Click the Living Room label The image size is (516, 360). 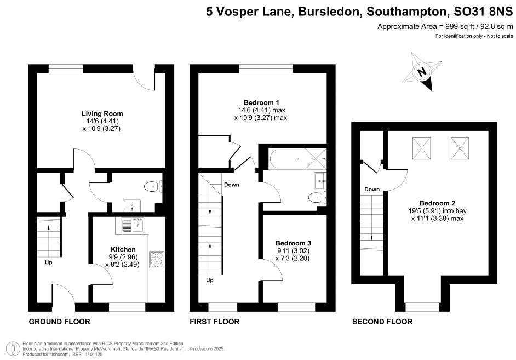tap(102, 113)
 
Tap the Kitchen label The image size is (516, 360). tap(123, 249)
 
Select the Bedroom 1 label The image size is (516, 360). tap(261, 102)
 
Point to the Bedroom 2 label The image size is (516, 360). tap(437, 203)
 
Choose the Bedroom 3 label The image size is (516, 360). tap(293, 243)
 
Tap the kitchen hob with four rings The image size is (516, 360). tap(157, 259)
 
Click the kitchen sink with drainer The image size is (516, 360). tap(133, 225)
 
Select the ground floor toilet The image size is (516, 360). tap(153, 187)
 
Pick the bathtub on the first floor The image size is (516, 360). tap(297, 159)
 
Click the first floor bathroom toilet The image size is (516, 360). tap(317, 198)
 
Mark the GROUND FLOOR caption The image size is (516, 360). tap(60, 322)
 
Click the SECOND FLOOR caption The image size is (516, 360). tap(382, 322)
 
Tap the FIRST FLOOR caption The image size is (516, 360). tap(215, 322)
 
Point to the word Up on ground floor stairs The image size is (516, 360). tap(49, 262)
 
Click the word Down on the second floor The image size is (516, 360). tap(372, 190)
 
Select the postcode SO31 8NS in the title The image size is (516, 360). tap(483, 12)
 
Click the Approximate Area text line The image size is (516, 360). tap(445, 27)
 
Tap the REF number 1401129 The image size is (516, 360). tap(94, 355)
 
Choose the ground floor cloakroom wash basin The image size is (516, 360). tap(132, 206)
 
